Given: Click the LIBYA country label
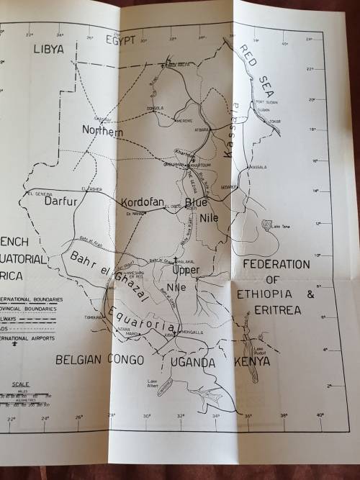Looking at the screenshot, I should (x=48, y=49).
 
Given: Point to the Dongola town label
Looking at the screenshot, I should (x=155, y=109).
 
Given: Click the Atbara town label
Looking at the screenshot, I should (x=202, y=129).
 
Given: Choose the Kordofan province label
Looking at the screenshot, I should (x=144, y=202).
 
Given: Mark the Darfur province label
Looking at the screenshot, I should (x=60, y=202).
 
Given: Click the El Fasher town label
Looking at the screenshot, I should (x=91, y=189).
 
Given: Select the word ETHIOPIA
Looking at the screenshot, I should (x=273, y=295).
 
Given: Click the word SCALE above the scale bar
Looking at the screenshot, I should (x=22, y=384).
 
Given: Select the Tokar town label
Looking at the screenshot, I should (x=274, y=121).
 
